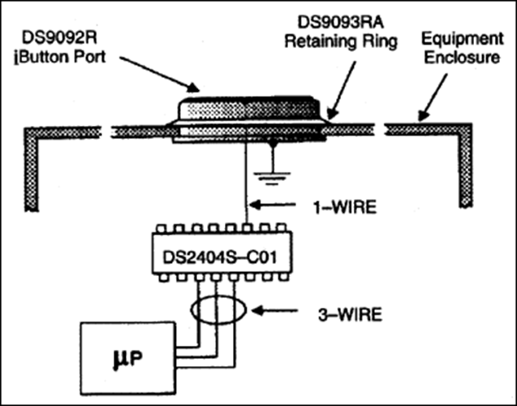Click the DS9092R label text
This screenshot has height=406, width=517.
pos(60,37)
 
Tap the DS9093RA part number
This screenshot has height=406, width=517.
pos(341,23)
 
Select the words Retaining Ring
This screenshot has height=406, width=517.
pos(341,42)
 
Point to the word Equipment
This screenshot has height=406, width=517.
pos(463,40)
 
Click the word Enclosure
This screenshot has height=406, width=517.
pos(462,57)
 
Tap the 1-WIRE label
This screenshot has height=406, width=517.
pos(344,207)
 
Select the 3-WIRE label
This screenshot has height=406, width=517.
pos(350,314)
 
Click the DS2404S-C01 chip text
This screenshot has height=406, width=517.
pos(220,257)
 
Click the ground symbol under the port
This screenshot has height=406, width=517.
pos(272,179)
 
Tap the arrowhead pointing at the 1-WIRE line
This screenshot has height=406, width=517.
pos(256,205)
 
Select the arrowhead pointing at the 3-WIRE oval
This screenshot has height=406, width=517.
pos(258,310)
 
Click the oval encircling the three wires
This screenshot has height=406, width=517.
pos(218,309)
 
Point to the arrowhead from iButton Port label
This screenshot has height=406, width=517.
pos(193,88)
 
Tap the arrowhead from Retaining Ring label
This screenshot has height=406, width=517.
pos(333,114)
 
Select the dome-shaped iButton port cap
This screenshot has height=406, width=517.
pos(248,108)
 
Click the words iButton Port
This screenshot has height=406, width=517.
pos(60,57)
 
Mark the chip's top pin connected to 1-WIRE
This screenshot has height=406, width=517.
pos(247,228)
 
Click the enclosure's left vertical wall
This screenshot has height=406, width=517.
pos(32,169)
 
